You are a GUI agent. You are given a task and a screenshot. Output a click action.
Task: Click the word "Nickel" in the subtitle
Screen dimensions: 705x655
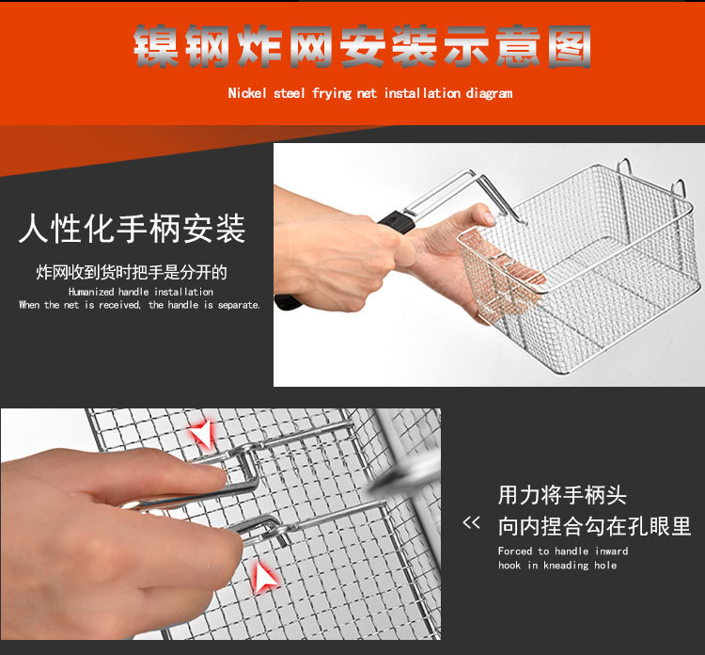pyautogui.click(x=247, y=93)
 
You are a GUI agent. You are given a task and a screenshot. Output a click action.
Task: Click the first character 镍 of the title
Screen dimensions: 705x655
pyautogui.click(x=155, y=46)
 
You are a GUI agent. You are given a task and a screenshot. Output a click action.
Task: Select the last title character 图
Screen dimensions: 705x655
pyautogui.click(x=570, y=46)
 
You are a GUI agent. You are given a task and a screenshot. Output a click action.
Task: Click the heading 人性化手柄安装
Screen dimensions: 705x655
pyautogui.click(x=133, y=229)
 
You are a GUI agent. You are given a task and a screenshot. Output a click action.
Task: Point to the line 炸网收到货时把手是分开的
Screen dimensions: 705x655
pyautogui.click(x=132, y=272)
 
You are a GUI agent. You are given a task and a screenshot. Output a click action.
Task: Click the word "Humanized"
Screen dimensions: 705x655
pyautogui.click(x=91, y=292)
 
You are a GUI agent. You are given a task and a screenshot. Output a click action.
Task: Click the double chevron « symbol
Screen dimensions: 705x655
pyautogui.click(x=471, y=522)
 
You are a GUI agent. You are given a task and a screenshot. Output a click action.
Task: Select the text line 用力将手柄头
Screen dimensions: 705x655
pyautogui.click(x=562, y=495)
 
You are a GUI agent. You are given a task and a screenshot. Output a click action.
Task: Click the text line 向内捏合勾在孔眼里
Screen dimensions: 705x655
pyautogui.click(x=594, y=526)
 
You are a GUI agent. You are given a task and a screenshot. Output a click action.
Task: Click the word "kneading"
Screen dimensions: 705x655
pyautogui.click(x=567, y=566)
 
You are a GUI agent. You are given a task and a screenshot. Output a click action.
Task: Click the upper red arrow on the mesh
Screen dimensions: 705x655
pyautogui.click(x=202, y=433)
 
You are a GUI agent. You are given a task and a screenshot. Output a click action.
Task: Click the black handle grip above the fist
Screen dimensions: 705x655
pyautogui.click(x=398, y=222)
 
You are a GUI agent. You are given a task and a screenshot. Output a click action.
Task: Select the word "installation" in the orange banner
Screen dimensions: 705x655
pyautogui.click(x=422, y=93)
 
